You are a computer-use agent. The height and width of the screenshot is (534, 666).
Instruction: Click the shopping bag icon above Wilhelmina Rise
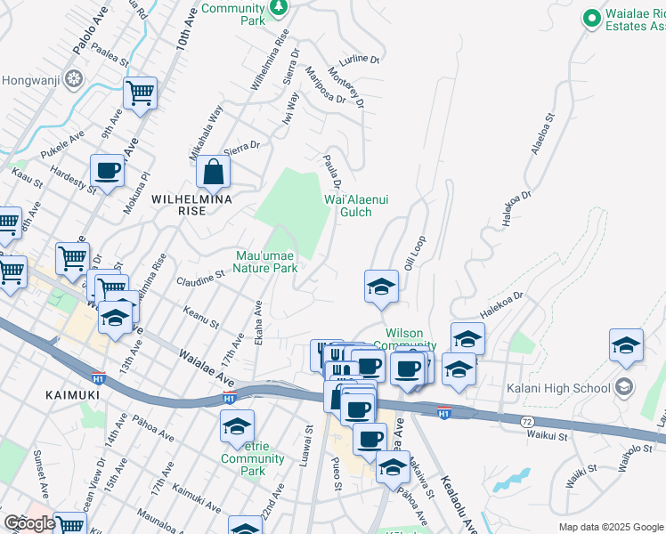pyautogui.click(x=214, y=171)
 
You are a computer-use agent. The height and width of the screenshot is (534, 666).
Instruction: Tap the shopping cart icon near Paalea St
pyautogui.click(x=140, y=92)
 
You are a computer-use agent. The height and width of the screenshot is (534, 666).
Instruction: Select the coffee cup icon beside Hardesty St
pyautogui.click(x=107, y=169)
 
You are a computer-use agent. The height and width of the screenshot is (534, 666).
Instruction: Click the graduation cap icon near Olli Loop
pyautogui.click(x=381, y=287)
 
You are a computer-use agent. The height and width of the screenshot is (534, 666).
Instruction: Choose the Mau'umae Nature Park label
pyautogui.click(x=266, y=261)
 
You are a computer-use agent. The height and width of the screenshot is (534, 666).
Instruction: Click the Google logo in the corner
pyautogui.click(x=29, y=523)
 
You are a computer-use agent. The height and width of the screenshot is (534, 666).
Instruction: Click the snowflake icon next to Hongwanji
pyautogui.click(x=71, y=78)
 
